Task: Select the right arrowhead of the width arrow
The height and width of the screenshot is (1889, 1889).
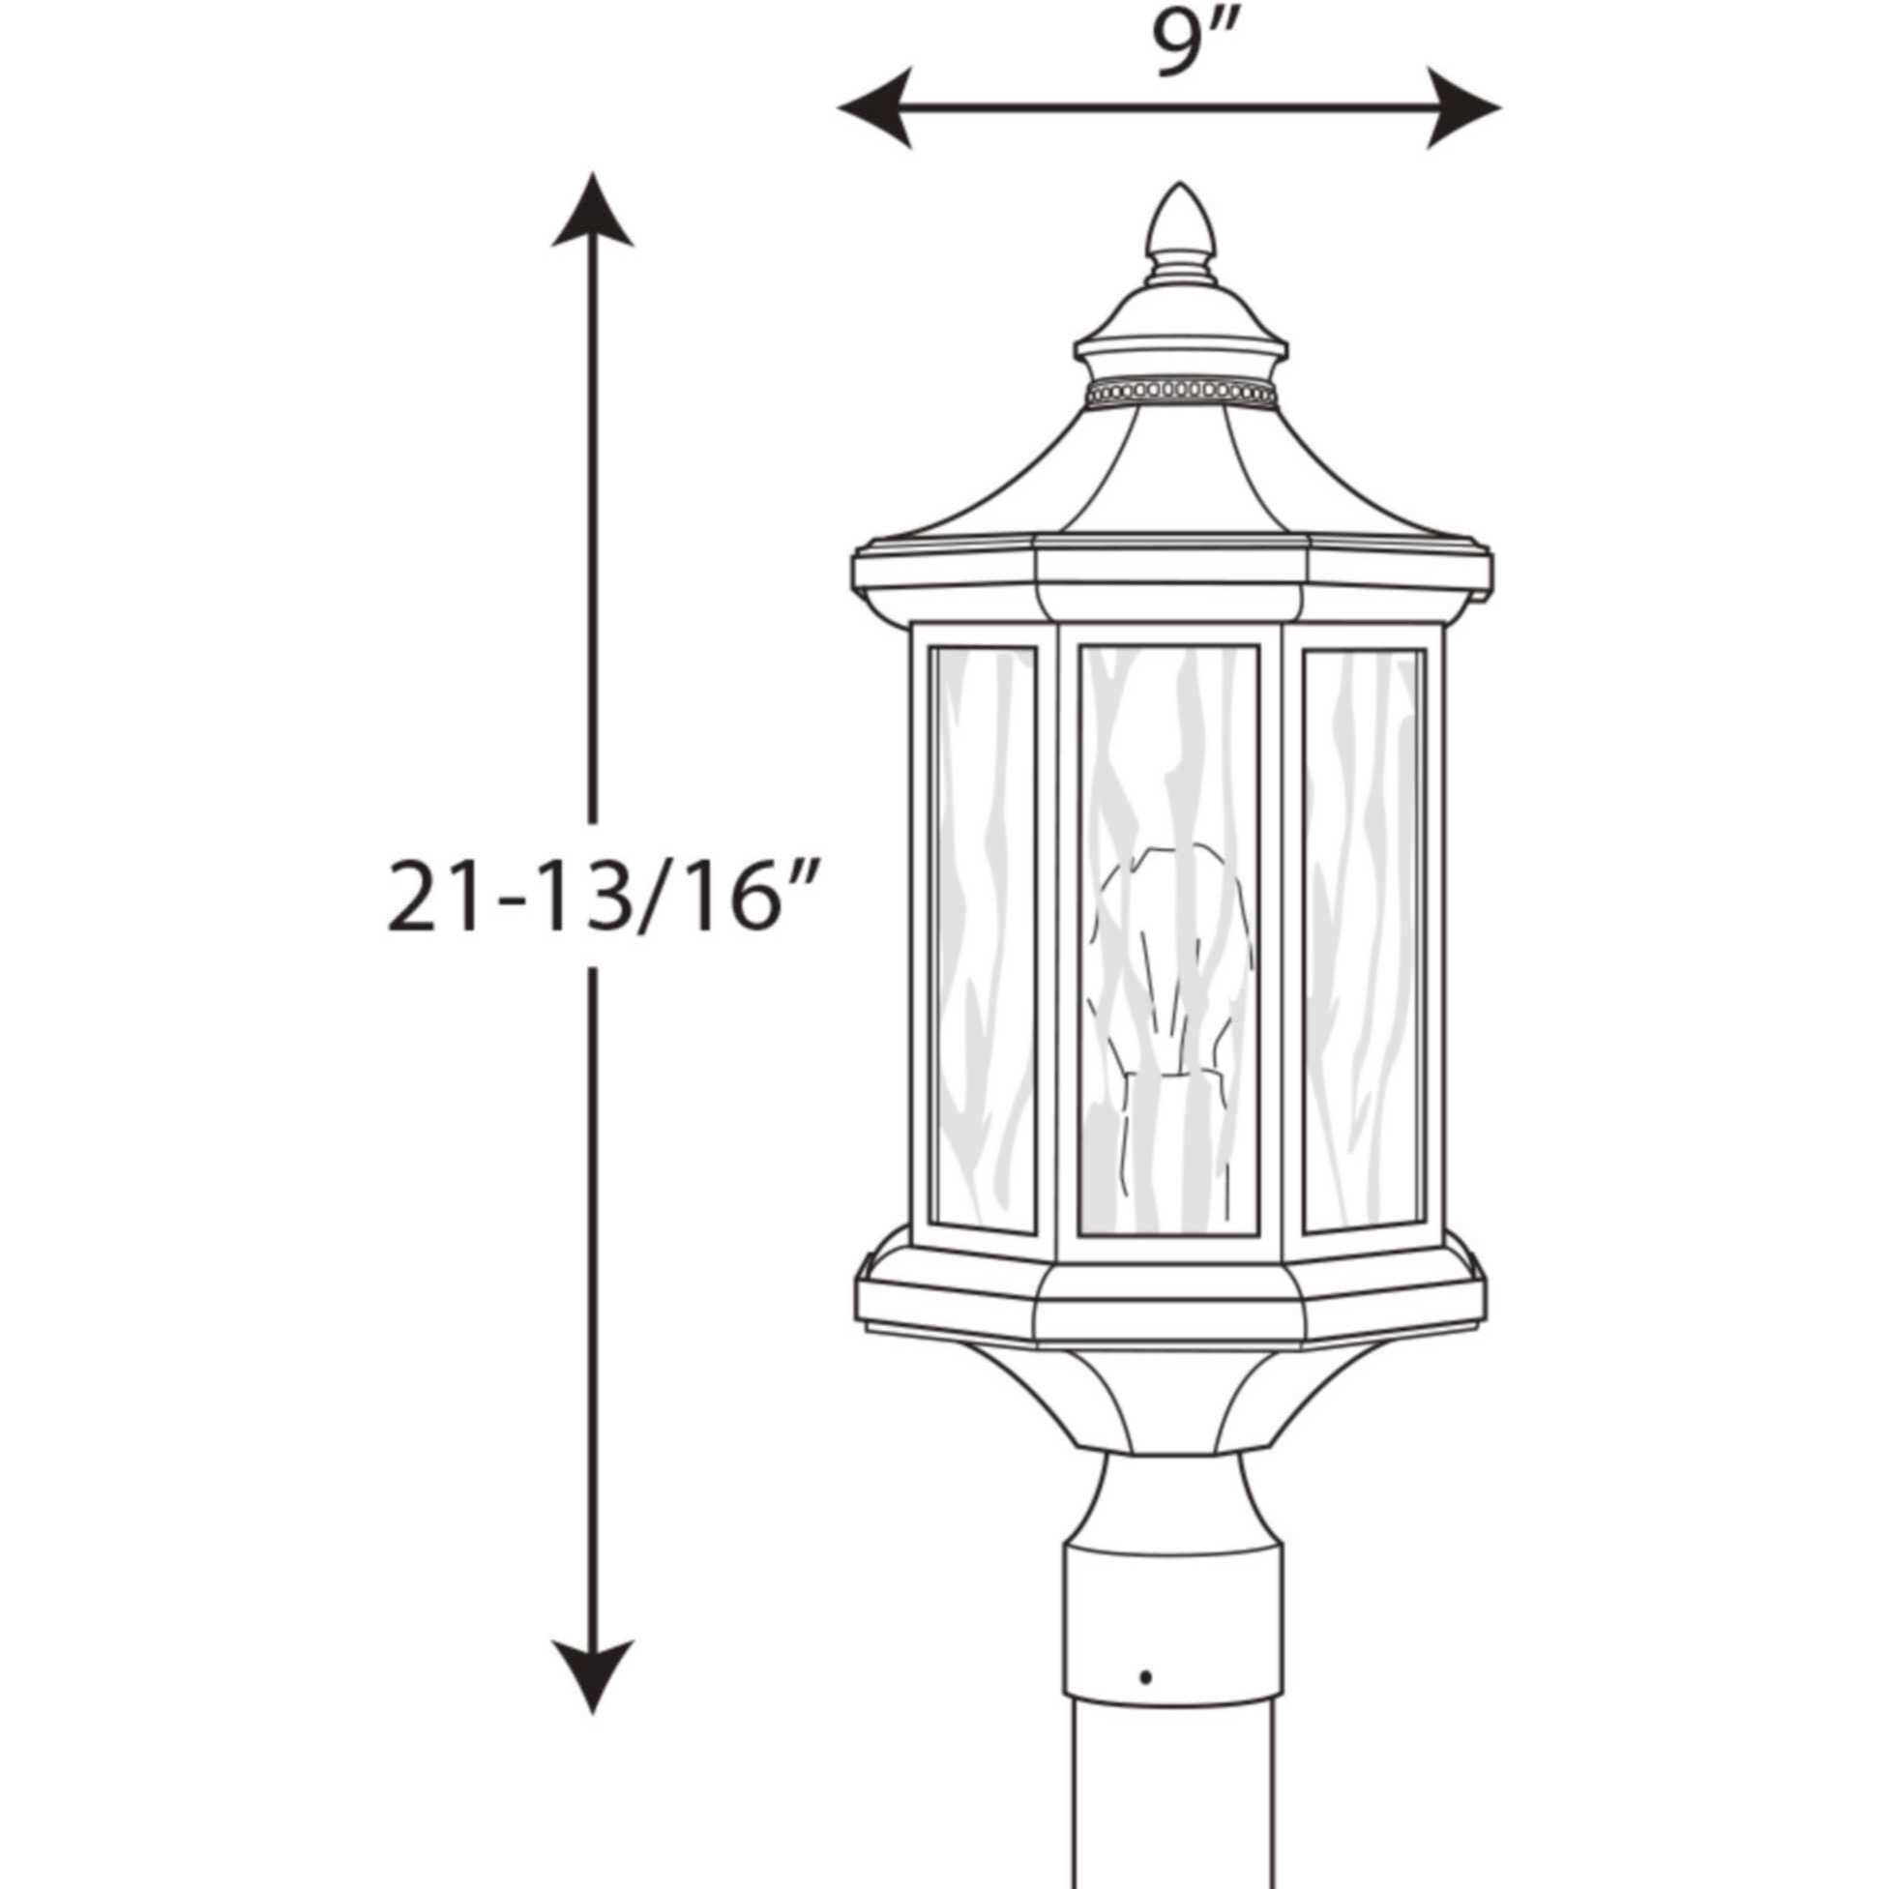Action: [1464, 107]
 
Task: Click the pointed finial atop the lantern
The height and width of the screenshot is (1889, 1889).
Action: [1180, 224]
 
